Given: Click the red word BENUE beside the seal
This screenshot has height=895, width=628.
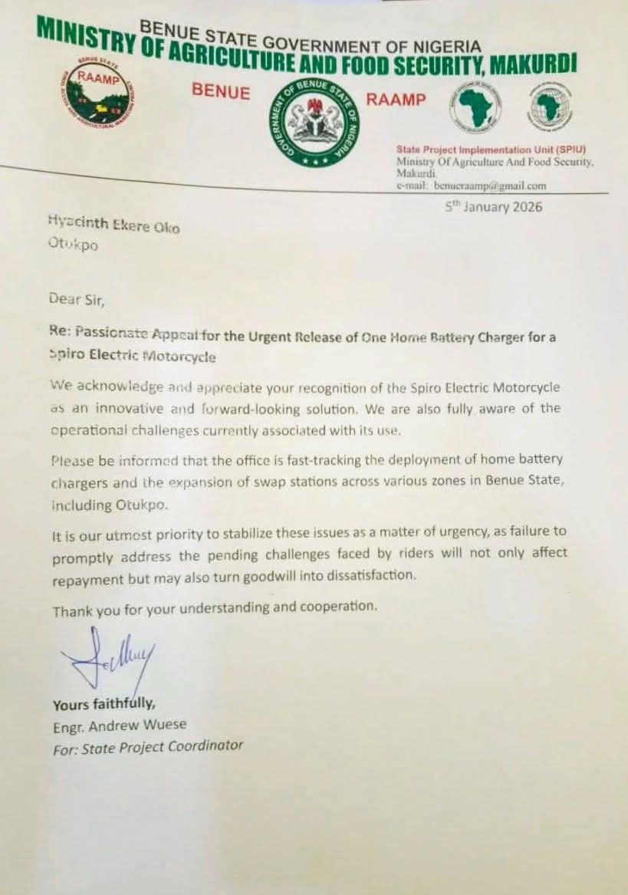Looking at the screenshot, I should pos(221,93).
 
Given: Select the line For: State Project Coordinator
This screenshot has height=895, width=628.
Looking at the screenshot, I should pos(147,746).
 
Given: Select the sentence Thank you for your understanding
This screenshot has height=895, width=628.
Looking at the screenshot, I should pos(215,607).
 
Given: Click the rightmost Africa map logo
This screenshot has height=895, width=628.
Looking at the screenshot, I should pos(550,107).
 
